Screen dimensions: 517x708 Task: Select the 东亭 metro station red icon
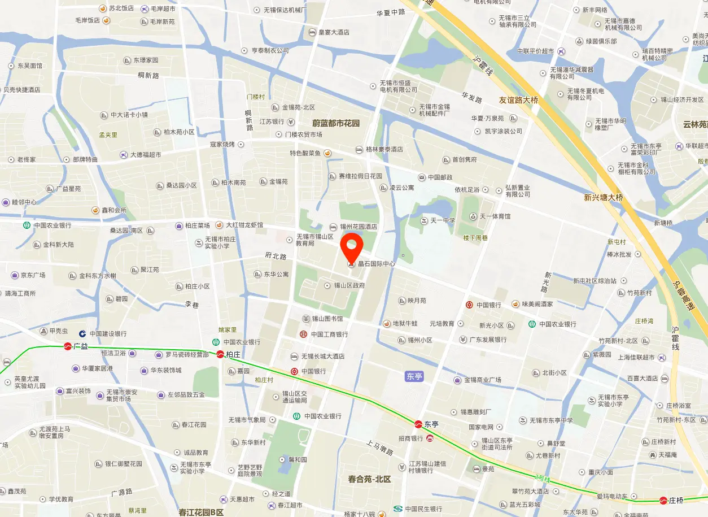pyautogui.click(x=419, y=424)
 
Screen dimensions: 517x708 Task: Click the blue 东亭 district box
pyautogui.click(x=414, y=376)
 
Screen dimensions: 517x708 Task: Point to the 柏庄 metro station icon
pyautogui.click(x=220, y=355)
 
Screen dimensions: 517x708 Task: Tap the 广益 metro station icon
pyautogui.click(x=68, y=346)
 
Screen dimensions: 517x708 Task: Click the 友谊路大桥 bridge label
pyautogui.click(x=518, y=100)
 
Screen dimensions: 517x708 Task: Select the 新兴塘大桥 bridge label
pyautogui.click(x=603, y=197)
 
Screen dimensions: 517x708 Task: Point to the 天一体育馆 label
pyautogui.click(x=495, y=216)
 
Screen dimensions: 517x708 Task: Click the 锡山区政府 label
pyautogui.click(x=349, y=285)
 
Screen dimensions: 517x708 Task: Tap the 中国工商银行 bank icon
pyautogui.click(x=303, y=334)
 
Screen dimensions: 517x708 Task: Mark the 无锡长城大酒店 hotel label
pyautogui.click(x=322, y=357)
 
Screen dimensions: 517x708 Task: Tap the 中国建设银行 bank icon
pyautogui.click(x=82, y=334)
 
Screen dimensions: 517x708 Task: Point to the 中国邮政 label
pyautogui.click(x=440, y=177)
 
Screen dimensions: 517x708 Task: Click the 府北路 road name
pyautogui.click(x=276, y=256)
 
